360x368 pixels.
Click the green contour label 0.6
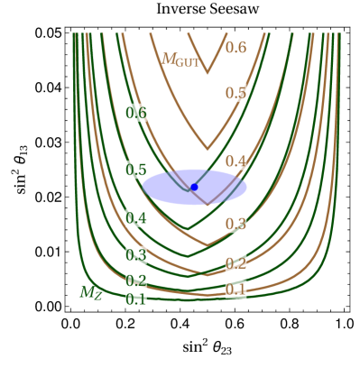click(x=136, y=113)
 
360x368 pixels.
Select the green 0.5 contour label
click(x=136, y=170)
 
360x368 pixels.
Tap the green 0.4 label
click(x=136, y=218)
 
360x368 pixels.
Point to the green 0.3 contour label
click(x=136, y=255)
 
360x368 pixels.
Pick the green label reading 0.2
click(x=136, y=281)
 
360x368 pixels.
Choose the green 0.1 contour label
click(x=136, y=299)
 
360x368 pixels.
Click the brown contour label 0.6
click(x=235, y=47)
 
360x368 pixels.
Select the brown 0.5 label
click(x=235, y=92)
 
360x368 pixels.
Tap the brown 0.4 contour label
click(x=235, y=161)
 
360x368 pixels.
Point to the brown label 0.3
click(x=235, y=223)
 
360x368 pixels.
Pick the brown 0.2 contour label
click(x=235, y=263)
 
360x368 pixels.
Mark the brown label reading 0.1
click(x=235, y=290)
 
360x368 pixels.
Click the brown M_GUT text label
click(x=180, y=60)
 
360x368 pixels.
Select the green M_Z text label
click(x=90, y=292)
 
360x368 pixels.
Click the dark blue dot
click(x=194, y=187)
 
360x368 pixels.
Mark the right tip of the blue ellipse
click(x=246, y=188)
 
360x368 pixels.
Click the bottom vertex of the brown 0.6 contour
click(x=208, y=72)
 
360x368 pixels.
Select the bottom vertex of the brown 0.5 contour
click(x=208, y=149)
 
